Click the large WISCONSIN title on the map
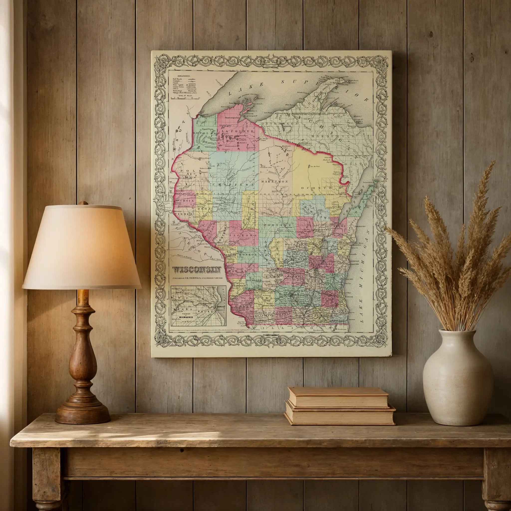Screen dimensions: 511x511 tap(196, 270)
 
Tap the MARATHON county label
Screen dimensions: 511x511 tap(274, 182)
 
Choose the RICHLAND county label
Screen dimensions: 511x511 tap(254, 280)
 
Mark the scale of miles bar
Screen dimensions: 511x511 tap(185, 98)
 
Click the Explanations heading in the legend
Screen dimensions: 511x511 tap(184, 75)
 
